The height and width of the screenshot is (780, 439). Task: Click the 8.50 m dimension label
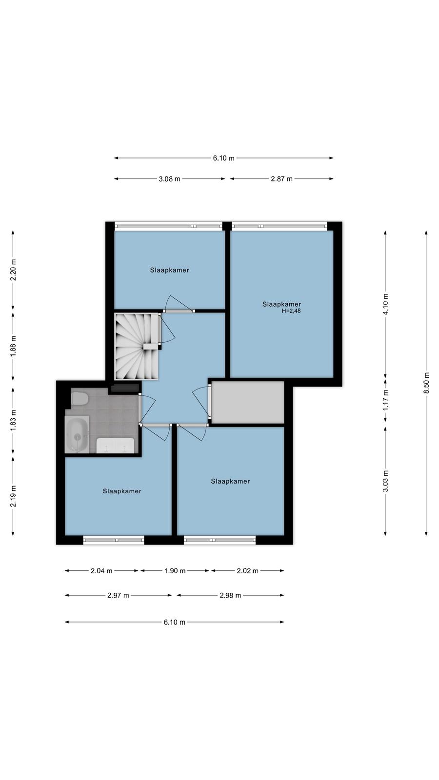coord(426,383)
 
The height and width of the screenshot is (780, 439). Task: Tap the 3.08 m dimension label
coord(170,179)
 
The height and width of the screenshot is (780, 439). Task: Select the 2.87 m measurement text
coord(282,179)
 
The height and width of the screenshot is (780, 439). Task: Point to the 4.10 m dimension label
coord(385,304)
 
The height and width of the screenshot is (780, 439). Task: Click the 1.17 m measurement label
coord(385,399)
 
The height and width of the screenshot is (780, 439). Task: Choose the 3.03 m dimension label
coord(385,481)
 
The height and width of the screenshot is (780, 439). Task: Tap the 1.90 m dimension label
coord(175,571)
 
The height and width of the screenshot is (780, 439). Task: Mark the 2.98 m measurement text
coord(230,595)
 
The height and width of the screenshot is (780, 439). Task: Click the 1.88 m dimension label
coord(13,346)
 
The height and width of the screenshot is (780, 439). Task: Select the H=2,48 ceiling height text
coord(291,311)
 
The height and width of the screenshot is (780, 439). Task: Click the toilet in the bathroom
coord(79,398)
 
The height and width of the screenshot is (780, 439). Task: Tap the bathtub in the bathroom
coord(78,434)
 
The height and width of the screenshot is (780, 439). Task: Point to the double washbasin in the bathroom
coord(115,446)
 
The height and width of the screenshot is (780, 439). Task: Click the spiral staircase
coord(137,347)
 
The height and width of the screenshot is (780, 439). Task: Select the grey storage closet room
coord(248,402)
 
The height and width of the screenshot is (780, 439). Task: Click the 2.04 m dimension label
coord(101,571)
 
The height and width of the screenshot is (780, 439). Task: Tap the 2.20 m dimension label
coord(13,270)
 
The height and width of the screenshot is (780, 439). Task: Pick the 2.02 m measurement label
coord(248,571)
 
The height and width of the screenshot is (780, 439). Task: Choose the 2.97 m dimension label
coord(118,595)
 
